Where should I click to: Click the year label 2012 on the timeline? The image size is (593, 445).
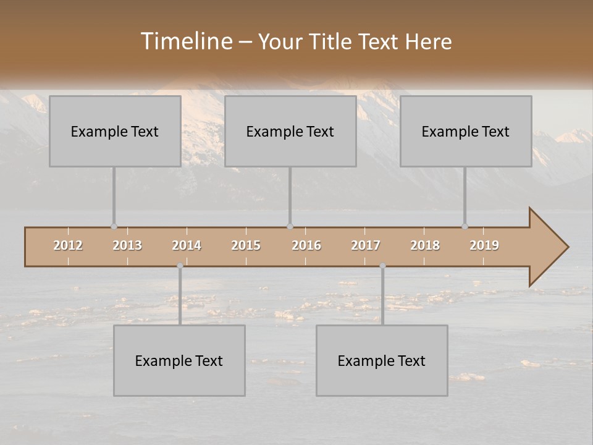(68, 245)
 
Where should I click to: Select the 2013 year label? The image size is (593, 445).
(127, 245)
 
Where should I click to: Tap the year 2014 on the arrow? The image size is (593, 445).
(187, 245)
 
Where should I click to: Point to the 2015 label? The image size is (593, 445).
(246, 245)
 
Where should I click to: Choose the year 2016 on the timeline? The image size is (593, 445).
(306, 245)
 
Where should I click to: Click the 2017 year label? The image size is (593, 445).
(366, 245)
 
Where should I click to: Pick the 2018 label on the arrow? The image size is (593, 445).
(425, 245)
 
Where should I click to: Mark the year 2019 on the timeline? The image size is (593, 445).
(484, 245)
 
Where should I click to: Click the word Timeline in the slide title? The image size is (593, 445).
(185, 41)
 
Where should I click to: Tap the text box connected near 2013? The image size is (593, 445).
(115, 131)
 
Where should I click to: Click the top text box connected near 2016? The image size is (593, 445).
(290, 131)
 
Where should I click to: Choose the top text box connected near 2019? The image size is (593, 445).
(466, 131)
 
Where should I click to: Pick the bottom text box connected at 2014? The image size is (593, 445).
(179, 360)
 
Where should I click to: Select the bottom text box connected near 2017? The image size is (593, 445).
(382, 360)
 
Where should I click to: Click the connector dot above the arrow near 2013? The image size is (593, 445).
(114, 227)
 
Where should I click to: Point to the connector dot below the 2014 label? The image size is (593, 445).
(180, 266)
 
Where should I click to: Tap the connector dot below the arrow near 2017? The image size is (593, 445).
(382, 266)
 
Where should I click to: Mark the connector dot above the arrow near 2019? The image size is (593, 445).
(465, 227)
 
